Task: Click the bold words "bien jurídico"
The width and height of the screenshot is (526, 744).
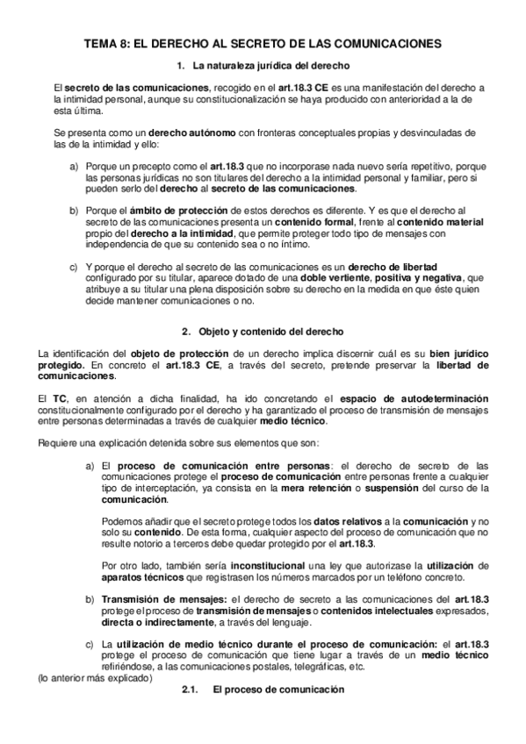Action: pos(456,353)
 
